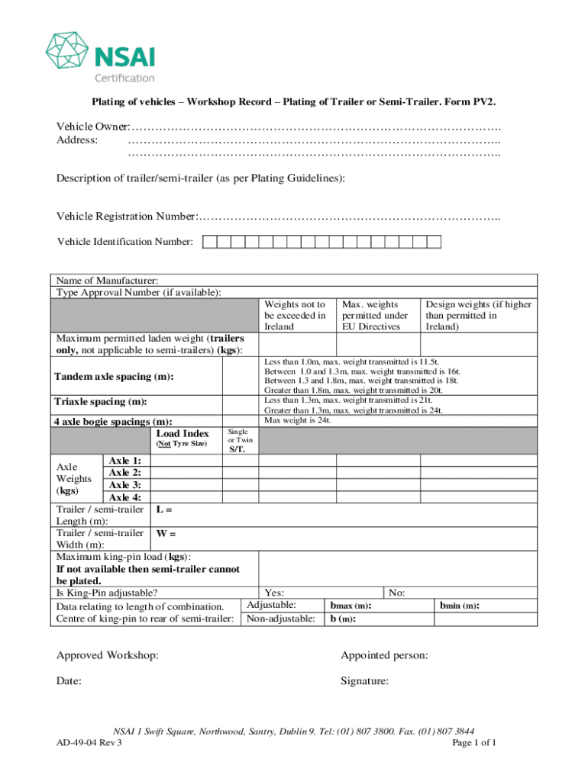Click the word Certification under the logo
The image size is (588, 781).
[124, 77]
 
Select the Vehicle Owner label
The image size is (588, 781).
[92, 126]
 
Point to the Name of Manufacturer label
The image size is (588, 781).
[108, 281]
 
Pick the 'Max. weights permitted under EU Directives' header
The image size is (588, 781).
[375, 315]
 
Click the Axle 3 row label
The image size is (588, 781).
[124, 485]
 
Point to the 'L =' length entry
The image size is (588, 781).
[164, 509]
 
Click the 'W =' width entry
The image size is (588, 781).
[166, 534]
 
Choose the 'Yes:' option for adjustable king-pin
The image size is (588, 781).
[275, 593]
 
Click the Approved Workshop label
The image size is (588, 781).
[108, 655]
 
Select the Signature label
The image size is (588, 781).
[365, 681]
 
